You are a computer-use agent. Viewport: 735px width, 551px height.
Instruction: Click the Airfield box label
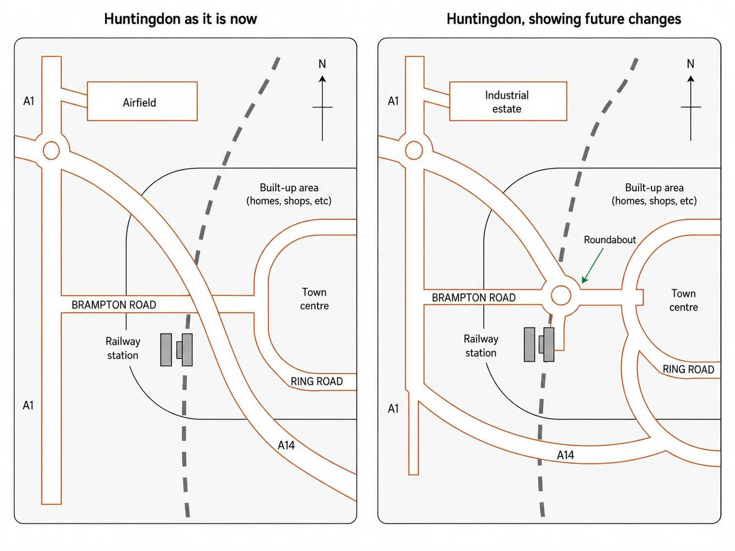tap(139, 102)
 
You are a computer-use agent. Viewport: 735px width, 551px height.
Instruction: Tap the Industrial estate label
tap(507, 102)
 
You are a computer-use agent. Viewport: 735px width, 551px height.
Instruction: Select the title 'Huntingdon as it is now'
tap(181, 19)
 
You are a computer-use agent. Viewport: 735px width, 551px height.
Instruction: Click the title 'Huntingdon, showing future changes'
tap(563, 19)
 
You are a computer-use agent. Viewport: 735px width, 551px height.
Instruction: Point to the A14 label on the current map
tap(286, 445)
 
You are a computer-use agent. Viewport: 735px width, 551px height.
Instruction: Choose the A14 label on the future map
tap(565, 455)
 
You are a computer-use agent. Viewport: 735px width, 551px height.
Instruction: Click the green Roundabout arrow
tap(593, 265)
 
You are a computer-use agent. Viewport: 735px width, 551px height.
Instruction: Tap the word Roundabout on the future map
tap(610, 239)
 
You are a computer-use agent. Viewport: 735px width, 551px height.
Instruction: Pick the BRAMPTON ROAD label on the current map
tap(114, 305)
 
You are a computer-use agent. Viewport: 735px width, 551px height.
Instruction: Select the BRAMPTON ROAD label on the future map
tap(474, 297)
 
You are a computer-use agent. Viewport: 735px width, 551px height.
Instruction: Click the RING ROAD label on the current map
tap(316, 382)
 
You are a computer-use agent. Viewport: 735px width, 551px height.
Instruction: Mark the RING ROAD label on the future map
tap(688, 369)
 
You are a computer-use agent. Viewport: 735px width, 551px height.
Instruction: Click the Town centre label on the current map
tap(314, 299)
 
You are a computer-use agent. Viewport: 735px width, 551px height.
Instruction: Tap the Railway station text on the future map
tap(481, 346)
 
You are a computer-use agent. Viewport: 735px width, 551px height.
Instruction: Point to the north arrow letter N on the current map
tap(322, 64)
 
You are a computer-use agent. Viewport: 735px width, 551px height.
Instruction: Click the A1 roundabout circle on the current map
tap(51, 150)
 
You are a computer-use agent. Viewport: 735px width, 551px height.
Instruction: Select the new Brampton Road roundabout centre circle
tap(561, 295)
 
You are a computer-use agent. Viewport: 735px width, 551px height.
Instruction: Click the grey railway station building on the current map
tap(177, 350)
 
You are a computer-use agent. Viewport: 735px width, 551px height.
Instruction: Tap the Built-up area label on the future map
tap(654, 194)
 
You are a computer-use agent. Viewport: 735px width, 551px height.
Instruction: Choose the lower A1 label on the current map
tap(28, 405)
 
